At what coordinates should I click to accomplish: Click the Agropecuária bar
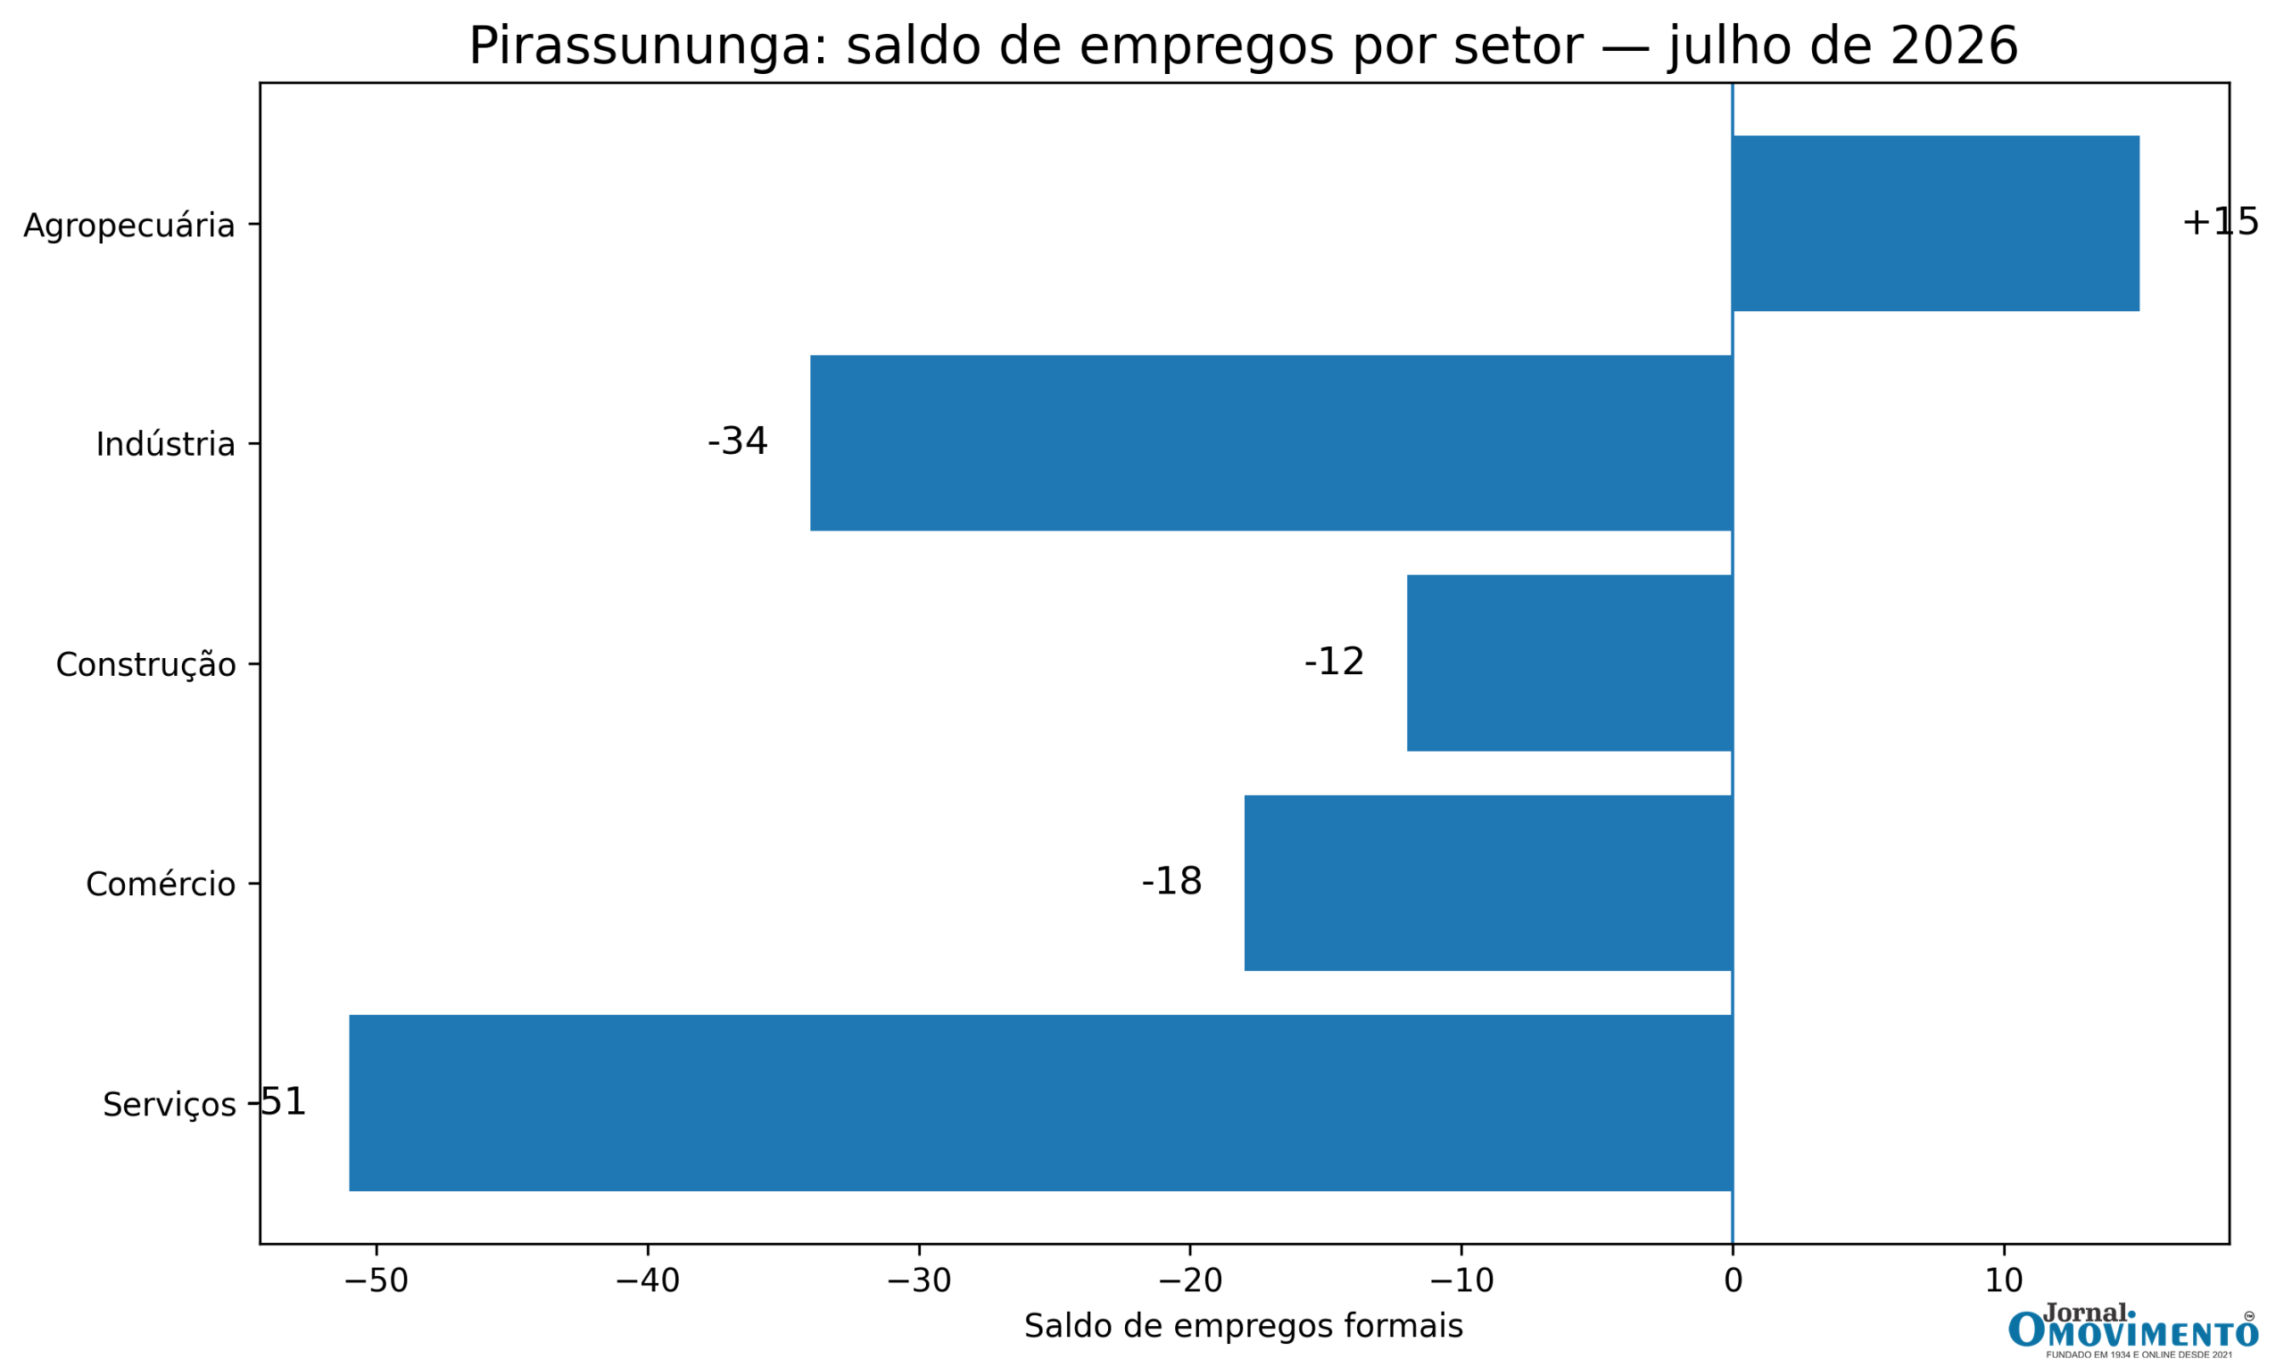click(x=1935, y=223)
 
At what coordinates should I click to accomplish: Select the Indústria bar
click(x=1271, y=443)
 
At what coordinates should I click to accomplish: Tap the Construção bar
click(x=1570, y=663)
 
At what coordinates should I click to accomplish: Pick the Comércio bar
click(x=1489, y=883)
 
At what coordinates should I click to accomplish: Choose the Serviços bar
click(x=1041, y=1103)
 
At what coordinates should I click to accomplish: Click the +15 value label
click(x=2221, y=222)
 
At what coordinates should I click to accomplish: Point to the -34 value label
click(x=737, y=441)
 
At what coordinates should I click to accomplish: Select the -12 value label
click(x=1334, y=662)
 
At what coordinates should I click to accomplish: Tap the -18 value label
click(x=1172, y=882)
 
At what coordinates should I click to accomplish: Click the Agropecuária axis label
click(x=129, y=226)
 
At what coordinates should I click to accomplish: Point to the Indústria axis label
click(x=166, y=445)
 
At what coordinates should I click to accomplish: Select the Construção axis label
click(x=145, y=665)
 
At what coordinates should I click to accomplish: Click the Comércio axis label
click(x=161, y=885)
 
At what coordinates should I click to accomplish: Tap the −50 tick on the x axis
click(x=376, y=1281)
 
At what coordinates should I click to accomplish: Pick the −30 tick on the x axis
click(x=919, y=1281)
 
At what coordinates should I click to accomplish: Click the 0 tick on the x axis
click(x=1733, y=1281)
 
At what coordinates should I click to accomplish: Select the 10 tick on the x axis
click(x=2004, y=1281)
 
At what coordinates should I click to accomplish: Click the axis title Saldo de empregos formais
click(x=1244, y=1327)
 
